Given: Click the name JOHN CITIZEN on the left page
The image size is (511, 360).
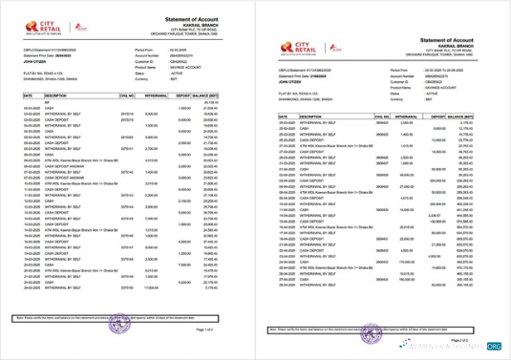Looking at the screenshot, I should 35,59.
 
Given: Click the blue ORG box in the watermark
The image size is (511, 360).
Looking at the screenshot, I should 494,347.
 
